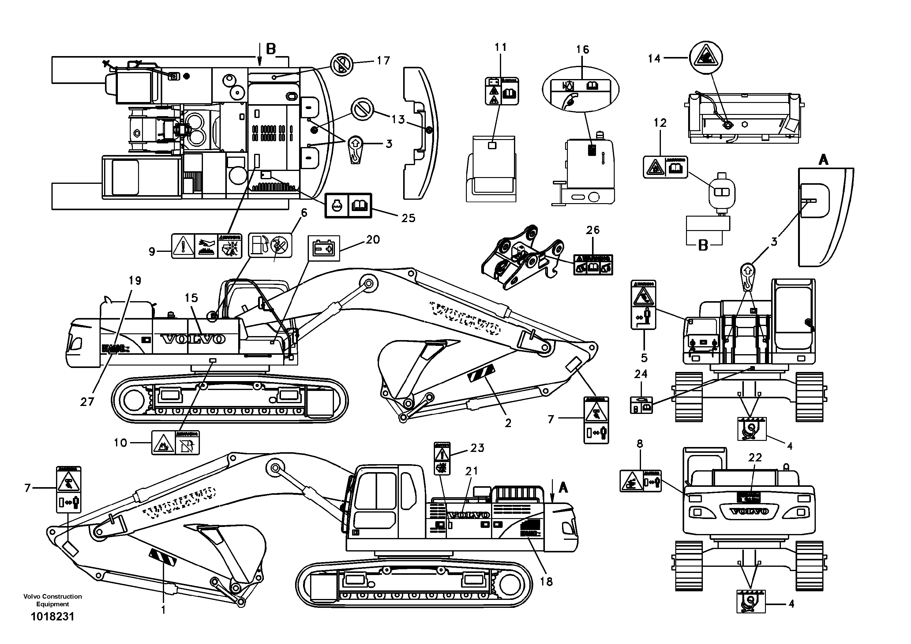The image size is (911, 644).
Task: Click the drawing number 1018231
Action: click(52, 617)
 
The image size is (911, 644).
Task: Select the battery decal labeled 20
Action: click(324, 248)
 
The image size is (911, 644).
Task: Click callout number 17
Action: click(383, 61)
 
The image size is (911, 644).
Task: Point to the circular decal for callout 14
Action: click(706, 58)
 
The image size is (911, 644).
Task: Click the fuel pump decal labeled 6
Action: click(270, 245)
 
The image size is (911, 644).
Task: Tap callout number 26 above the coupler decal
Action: click(593, 230)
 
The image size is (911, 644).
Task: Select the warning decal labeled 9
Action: click(206, 246)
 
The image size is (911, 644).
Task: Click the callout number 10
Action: click(120, 443)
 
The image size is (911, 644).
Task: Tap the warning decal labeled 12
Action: click(665, 167)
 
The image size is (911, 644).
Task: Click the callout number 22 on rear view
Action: click(755, 458)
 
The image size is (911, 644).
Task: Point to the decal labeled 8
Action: click(640, 481)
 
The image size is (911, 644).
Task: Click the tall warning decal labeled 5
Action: click(643, 305)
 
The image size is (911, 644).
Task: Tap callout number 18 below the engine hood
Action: click(546, 582)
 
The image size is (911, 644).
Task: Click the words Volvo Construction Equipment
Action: click(52, 600)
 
